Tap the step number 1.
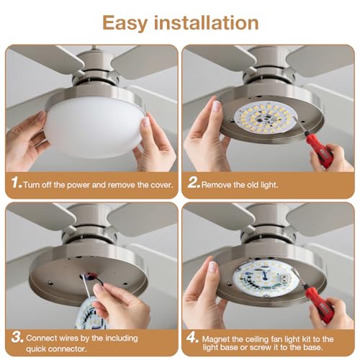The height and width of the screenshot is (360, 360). [x=15, y=184]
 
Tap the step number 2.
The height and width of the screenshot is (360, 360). [x=193, y=184]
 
